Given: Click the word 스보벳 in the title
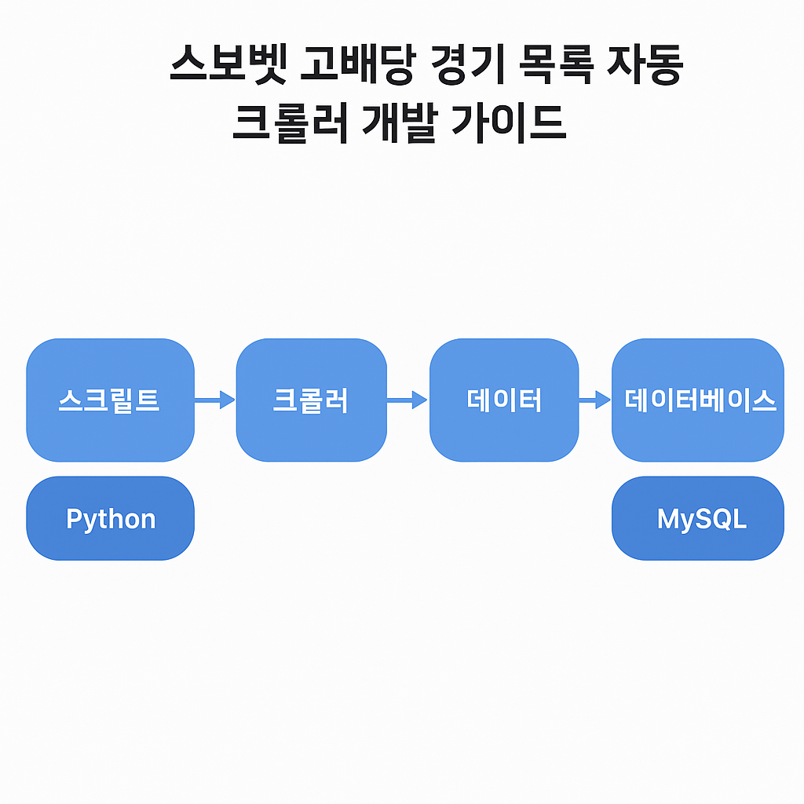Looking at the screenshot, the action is coord(228,64).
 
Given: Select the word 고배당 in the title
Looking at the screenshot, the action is coord(357,64).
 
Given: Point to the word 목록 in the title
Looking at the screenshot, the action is coord(557,64).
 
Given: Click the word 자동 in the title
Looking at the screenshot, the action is coord(645,64).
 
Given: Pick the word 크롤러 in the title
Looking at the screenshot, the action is coord(291,123).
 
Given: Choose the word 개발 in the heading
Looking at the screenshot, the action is coord(400,123).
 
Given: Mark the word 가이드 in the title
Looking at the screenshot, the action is coord(509,123).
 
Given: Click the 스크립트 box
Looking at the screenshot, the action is coord(110,400).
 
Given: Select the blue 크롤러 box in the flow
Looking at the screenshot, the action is coord(311,400).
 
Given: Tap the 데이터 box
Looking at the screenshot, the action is coord(504,400).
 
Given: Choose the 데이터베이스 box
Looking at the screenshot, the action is coord(698,400).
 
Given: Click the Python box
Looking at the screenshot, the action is coord(110,518).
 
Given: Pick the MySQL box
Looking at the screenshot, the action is coord(698,518).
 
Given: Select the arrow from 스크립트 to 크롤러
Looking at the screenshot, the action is coord(215,400).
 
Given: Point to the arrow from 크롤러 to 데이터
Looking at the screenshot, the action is coord(407,400).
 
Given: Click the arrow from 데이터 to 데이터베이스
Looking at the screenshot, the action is coord(595,400).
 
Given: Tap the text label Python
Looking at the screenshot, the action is coord(111,520).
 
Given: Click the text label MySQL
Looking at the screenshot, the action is coord(702,520).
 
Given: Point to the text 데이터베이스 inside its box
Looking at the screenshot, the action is coord(700,400).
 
